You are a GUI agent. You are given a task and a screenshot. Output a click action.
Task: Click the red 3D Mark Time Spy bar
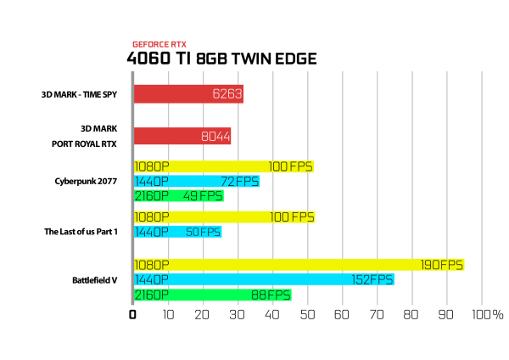coord(188,94)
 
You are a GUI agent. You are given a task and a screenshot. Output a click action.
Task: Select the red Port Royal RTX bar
coord(182,136)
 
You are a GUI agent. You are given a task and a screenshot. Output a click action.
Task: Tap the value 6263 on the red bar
coord(227,94)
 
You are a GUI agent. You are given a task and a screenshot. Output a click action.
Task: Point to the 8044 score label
coord(215,136)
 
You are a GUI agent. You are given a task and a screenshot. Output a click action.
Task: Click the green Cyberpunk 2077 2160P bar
coord(179,196)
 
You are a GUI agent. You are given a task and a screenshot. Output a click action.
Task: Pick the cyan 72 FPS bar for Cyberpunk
coord(197,182)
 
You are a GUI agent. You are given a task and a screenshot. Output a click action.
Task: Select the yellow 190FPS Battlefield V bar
coord(299,265)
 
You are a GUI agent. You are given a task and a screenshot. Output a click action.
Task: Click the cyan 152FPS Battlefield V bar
coord(264,279)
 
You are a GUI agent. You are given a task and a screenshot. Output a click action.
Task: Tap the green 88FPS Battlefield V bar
coord(213,295)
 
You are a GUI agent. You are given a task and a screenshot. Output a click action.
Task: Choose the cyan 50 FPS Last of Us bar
coord(178,232)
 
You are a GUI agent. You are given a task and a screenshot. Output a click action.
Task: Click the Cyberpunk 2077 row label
coord(86,182)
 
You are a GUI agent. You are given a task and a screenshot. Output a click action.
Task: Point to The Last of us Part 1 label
coord(81,232)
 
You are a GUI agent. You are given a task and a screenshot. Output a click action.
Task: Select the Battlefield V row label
coord(95,280)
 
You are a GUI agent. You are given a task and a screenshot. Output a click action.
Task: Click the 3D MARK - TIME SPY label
coord(79,94)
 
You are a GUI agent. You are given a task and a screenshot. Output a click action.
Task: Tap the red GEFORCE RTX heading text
coord(159,44)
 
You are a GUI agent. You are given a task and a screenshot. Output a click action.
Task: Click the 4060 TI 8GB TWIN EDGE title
coord(221,59)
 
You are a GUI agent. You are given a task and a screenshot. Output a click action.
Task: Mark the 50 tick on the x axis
coord(307,314)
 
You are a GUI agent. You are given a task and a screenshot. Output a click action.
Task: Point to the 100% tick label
coord(488,314)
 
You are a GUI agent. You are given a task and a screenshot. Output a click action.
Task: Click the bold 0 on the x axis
coord(132,314)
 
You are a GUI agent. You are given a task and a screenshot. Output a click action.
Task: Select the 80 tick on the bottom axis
coord(411,314)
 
